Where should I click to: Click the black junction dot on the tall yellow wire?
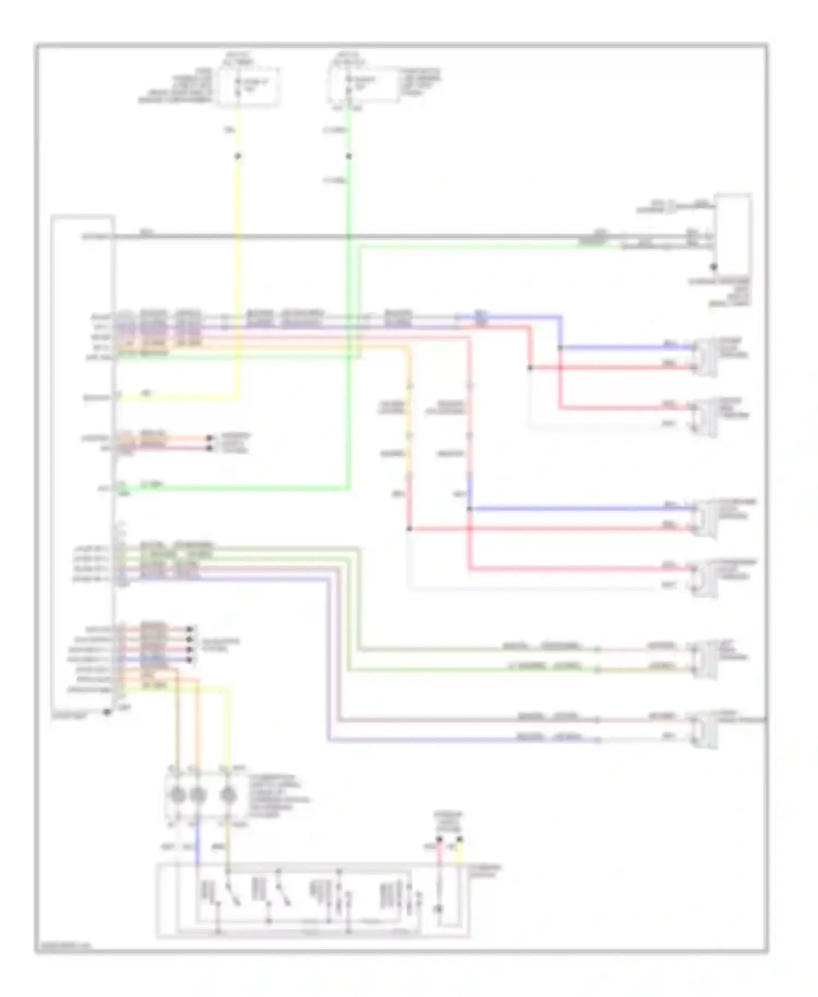pyautogui.click(x=238, y=157)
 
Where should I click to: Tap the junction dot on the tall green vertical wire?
pyautogui.click(x=349, y=157)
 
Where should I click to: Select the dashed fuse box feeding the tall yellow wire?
pyautogui.click(x=249, y=86)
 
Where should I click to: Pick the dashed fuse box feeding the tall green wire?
pyautogui.click(x=364, y=85)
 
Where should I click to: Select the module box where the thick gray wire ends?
pyautogui.click(x=733, y=229)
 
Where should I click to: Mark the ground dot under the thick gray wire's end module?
pyautogui.click(x=713, y=267)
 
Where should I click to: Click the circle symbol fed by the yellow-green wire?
pyautogui.click(x=228, y=796)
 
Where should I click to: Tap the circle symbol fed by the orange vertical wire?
pyautogui.click(x=197, y=796)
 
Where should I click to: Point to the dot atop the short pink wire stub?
pyautogui.click(x=439, y=839)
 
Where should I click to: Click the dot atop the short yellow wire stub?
pyautogui.click(x=460, y=839)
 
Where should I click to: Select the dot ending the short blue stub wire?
pyautogui.click(x=189, y=660)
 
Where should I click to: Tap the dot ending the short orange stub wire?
pyautogui.click(x=209, y=438)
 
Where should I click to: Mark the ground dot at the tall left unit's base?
pyautogui.click(x=107, y=712)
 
